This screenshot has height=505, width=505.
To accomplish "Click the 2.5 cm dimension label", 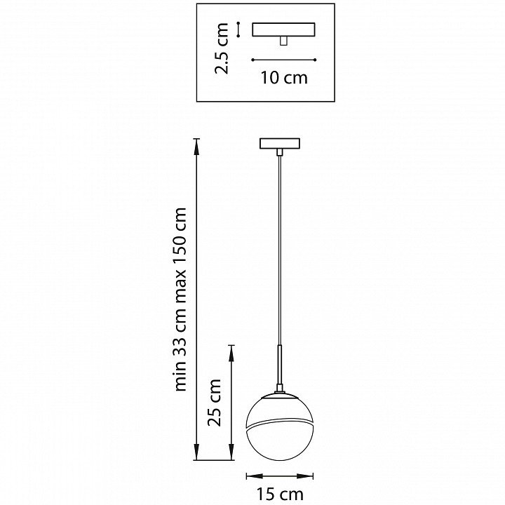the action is tap(222, 48).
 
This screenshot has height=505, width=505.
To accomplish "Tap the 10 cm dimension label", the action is tap(284, 78).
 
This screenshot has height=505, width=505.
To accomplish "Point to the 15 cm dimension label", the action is tap(280, 494).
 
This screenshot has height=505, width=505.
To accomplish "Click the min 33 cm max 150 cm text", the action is tap(180, 299).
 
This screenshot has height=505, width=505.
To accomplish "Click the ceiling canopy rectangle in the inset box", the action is tap(283, 29).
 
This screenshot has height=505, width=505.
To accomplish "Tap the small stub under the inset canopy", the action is tap(283, 41).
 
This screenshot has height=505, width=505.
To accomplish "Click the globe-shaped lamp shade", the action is tap(280, 426).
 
